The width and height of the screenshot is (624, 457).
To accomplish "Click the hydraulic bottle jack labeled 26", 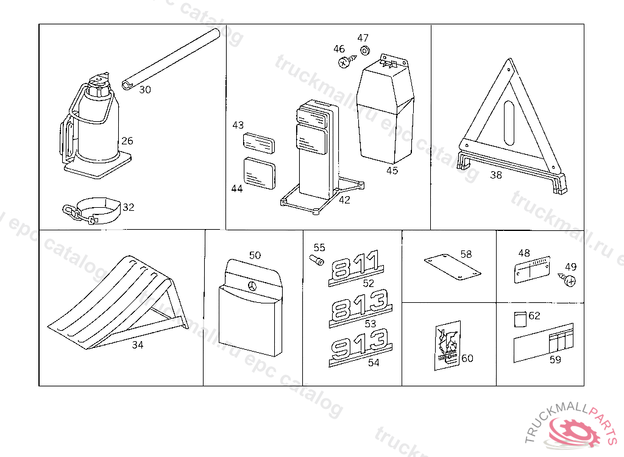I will pos(96,131).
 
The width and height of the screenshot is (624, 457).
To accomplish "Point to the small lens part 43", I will pos(259,143).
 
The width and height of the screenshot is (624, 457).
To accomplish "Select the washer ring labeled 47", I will pos(365,50).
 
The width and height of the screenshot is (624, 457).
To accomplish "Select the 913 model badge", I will pos(360,346).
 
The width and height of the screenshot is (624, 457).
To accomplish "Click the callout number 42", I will pos(344,200).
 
